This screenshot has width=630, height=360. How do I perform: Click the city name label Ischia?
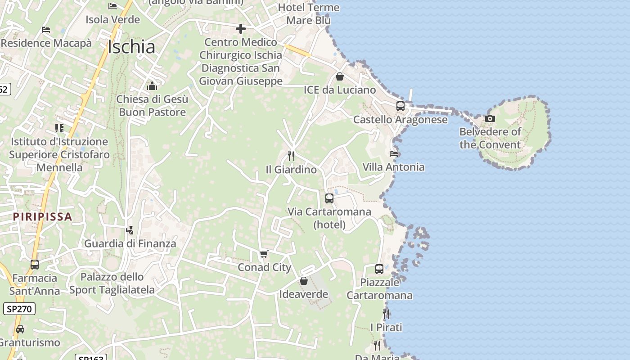[x=131, y=47]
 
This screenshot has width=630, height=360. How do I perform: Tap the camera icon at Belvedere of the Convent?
[x=490, y=119]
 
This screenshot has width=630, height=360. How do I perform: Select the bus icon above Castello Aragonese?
[x=400, y=106]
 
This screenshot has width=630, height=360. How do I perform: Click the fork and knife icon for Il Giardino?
[x=291, y=156]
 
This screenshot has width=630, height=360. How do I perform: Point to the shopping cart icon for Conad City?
[x=264, y=254]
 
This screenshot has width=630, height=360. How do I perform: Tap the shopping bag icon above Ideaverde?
[x=304, y=281]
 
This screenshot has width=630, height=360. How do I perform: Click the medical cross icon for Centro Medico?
[x=241, y=29]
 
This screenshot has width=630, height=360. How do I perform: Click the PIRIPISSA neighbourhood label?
[x=43, y=216]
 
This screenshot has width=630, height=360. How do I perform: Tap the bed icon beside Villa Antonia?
[x=394, y=153]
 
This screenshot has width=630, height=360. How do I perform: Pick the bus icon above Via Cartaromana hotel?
[x=329, y=198]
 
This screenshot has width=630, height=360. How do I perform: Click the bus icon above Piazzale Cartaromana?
[x=379, y=269]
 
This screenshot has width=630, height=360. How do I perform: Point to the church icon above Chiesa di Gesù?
[x=152, y=85]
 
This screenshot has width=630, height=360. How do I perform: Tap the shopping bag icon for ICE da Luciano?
[x=340, y=76]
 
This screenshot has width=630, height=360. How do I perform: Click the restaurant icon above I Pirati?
[x=386, y=314]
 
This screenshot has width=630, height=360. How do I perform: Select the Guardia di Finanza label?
[x=130, y=243]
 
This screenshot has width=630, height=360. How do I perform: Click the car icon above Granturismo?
[x=20, y=329]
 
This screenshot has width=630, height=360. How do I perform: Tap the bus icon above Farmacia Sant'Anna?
[x=35, y=264]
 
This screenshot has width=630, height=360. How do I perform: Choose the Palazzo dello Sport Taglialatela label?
[x=112, y=283]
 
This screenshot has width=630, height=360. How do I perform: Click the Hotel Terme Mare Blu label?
[x=309, y=14]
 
